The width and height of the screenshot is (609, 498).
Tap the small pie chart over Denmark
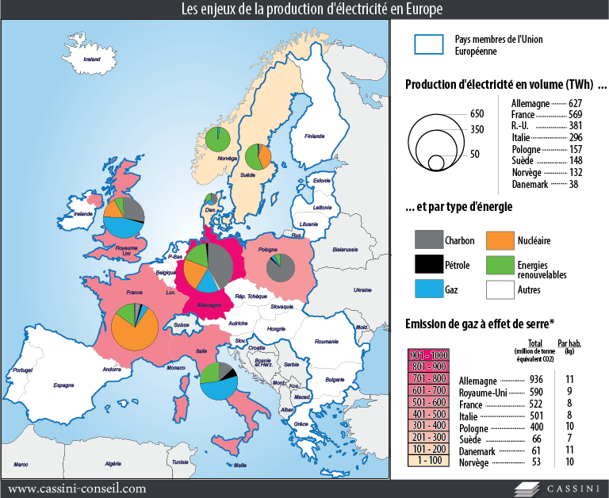[211, 199]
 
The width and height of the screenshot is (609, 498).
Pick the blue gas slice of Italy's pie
[216, 389]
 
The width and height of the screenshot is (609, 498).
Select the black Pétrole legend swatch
[429, 265]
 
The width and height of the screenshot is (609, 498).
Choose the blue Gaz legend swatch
[429, 290]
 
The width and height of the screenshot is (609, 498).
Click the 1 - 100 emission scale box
[427, 461]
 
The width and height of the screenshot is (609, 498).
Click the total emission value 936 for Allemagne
[535, 379]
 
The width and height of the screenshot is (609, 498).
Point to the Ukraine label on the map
[362, 289]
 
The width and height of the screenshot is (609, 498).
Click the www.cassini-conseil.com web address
[77, 488]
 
